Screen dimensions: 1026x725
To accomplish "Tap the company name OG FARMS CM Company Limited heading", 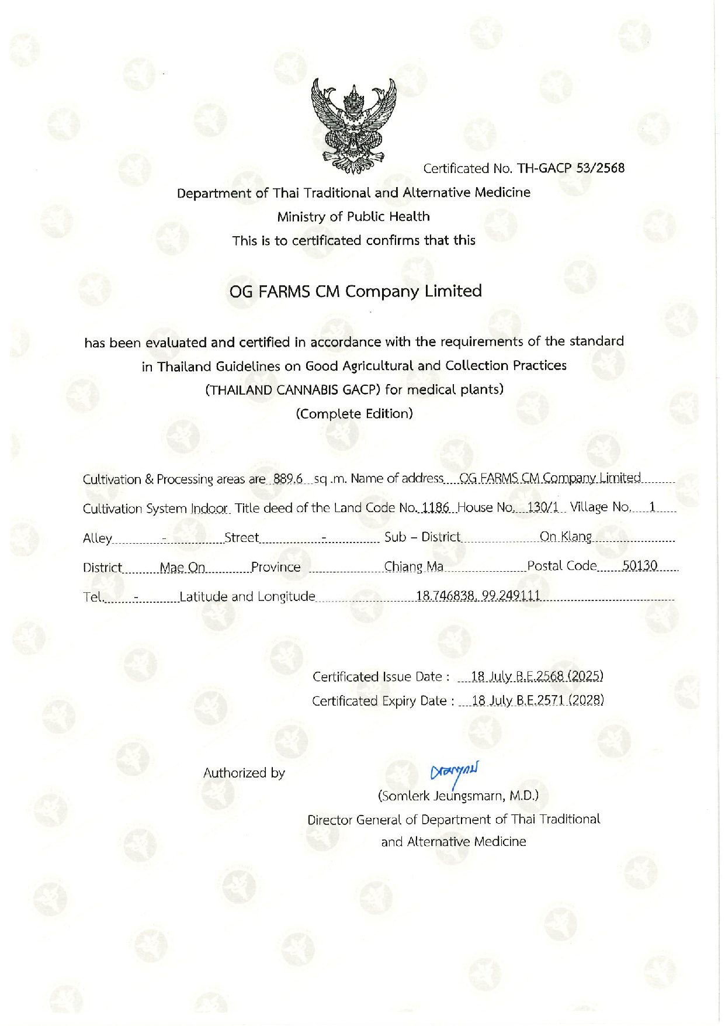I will click(355, 291).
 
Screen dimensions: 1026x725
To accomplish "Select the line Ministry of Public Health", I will click(353, 216).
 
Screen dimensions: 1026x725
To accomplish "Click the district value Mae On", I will click(182, 567).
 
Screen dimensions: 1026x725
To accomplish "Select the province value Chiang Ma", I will click(414, 566).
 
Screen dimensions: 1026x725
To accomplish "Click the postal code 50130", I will click(640, 566).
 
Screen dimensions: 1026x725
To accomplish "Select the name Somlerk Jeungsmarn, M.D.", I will click(459, 796).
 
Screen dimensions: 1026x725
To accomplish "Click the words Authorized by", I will click(244, 773).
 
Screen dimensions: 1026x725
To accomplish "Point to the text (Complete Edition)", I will click(355, 414).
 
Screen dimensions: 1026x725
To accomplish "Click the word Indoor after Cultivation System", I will click(210, 508).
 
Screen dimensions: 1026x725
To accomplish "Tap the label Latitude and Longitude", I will click(247, 597).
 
